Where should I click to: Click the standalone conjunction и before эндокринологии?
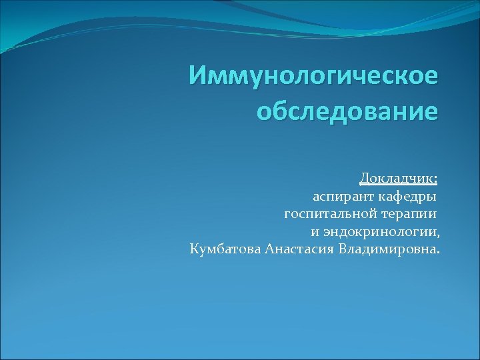[315, 233]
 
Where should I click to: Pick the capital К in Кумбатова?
[194, 250]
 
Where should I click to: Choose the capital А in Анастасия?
[269, 250]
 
